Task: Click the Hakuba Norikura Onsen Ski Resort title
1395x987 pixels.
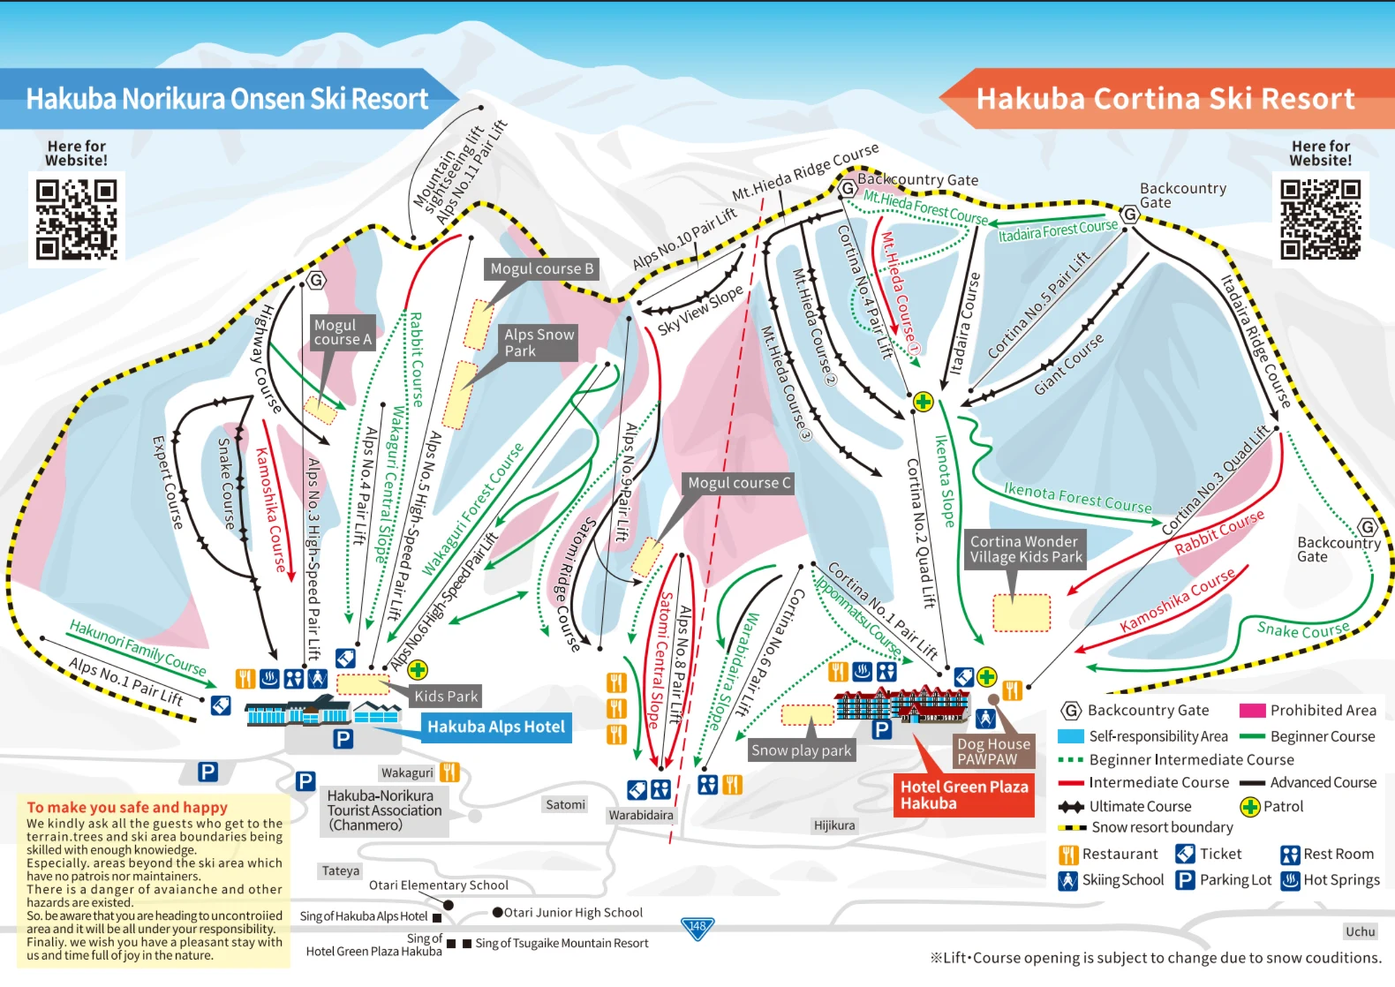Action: tap(227, 98)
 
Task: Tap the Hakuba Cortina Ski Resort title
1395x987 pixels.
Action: tap(1165, 98)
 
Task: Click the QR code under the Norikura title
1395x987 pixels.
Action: tap(76, 219)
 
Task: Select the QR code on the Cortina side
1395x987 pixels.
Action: tap(1320, 219)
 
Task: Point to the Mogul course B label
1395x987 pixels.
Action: tap(542, 269)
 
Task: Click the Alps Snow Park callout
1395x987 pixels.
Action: tap(539, 343)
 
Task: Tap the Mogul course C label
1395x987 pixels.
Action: tap(739, 483)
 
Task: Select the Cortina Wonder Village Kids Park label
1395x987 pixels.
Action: tap(1026, 549)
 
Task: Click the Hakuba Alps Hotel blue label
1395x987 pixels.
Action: tap(496, 727)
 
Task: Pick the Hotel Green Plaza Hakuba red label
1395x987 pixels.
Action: tap(964, 795)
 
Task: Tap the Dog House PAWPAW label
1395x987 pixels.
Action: tap(994, 751)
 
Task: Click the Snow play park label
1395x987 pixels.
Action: tap(801, 750)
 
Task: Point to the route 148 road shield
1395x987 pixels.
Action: tap(697, 928)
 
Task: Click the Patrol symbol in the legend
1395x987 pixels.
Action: tap(1249, 807)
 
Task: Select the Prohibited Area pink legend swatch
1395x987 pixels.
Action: tap(1252, 711)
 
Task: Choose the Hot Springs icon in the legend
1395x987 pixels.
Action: tap(1291, 881)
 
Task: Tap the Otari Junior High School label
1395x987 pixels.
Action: tap(573, 913)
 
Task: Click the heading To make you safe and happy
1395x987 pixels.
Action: tap(127, 808)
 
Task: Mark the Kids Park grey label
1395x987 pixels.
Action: tap(446, 697)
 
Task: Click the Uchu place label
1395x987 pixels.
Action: tap(1360, 931)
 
